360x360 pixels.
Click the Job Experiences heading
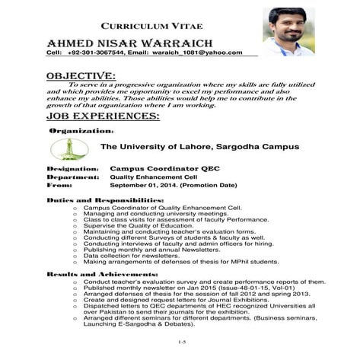(x=103, y=116)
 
